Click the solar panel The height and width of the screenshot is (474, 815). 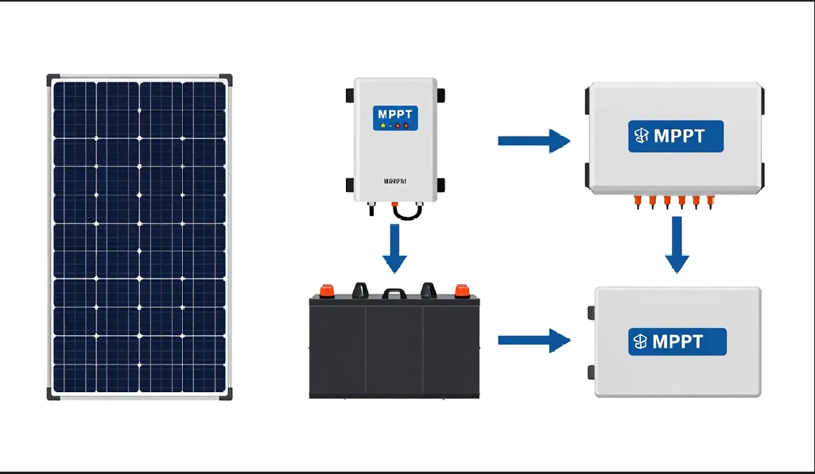(140, 236)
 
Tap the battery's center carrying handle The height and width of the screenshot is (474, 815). (394, 293)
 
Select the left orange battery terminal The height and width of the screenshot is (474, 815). (325, 290)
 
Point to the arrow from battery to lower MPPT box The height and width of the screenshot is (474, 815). (534, 341)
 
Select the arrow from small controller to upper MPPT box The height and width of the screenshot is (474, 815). (534, 141)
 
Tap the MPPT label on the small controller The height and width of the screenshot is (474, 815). (395, 114)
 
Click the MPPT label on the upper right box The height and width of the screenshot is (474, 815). (675, 136)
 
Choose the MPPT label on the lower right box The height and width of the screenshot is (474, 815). (677, 341)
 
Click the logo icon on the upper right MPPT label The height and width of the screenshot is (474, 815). (641, 136)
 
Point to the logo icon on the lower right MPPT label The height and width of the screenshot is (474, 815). (641, 341)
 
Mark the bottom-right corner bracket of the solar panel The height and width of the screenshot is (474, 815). (227, 394)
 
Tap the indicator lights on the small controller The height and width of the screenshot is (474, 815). (394, 125)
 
